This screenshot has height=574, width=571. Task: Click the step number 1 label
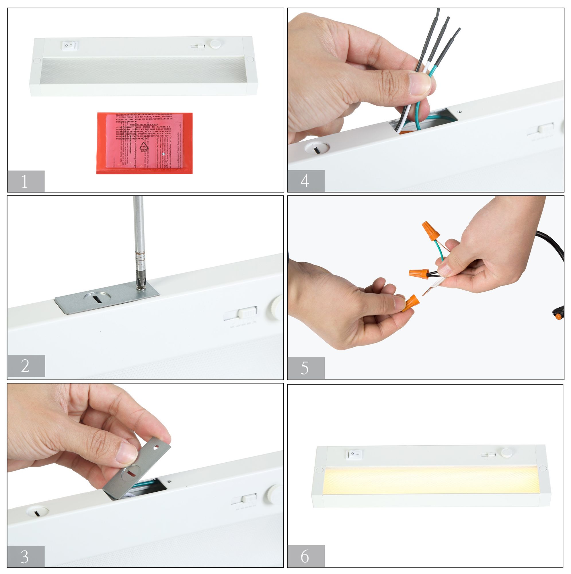point(26,181)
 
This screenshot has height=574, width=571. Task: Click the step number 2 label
point(26,365)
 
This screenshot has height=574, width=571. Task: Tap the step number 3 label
point(26,556)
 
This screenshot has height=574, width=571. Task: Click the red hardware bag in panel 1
point(144,143)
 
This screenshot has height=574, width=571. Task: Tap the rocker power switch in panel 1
point(69,45)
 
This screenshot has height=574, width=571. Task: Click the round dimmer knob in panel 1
point(215,44)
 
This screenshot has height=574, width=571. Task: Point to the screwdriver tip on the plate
point(139,287)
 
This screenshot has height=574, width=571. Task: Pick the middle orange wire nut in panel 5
point(419,272)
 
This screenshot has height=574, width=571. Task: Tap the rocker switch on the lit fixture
point(354,454)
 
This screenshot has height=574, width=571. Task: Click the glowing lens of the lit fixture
point(430,481)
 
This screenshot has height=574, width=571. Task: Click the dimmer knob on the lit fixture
point(506,453)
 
